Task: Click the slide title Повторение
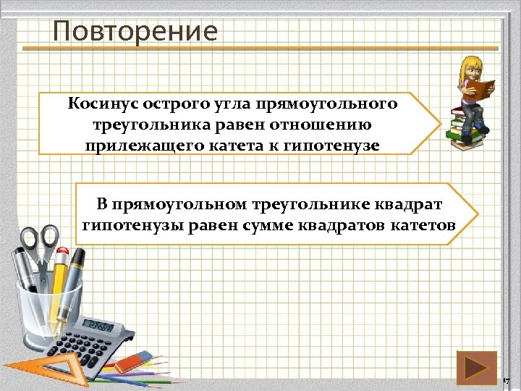pyautogui.click(x=135, y=31)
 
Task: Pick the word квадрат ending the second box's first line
pyautogui.click(x=414, y=204)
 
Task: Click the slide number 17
pyautogui.click(x=506, y=380)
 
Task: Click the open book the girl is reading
pyautogui.click(x=480, y=89)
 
